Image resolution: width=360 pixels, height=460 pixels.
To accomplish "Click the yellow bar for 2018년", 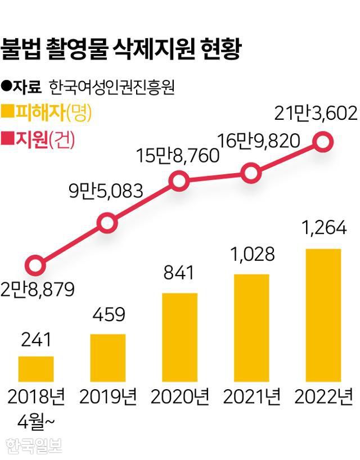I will [x=36, y=369].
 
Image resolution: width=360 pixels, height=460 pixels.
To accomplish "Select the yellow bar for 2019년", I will [x=107, y=358].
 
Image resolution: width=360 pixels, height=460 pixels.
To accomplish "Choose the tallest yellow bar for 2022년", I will [x=323, y=315].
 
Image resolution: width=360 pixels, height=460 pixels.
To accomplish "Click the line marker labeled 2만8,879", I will [x=35, y=265].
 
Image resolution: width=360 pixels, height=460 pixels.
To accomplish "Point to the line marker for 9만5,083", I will [x=107, y=223].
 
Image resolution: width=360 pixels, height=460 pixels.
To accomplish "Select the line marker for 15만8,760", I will [x=179, y=181].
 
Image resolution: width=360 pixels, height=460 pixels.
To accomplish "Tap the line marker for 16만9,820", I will [x=251, y=173].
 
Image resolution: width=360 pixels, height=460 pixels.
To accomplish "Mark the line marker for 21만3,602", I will [x=323, y=141].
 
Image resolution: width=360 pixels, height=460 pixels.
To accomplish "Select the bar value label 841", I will [x=179, y=274].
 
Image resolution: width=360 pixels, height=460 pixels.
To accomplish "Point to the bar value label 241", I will [x=36, y=339].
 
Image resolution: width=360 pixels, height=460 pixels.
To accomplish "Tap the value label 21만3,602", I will [x=316, y=114].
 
